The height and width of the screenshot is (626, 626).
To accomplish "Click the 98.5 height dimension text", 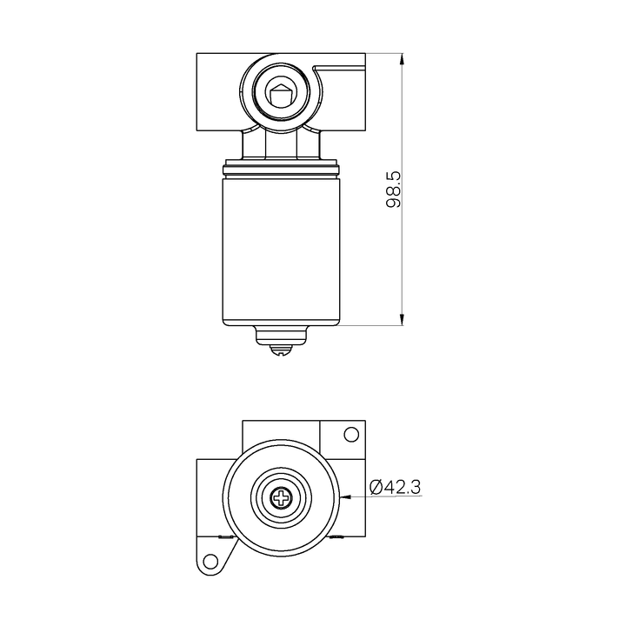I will tap(393, 189).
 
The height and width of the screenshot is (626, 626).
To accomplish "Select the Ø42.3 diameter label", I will tap(396, 488).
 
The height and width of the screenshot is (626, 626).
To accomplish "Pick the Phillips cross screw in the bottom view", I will tap(281, 498).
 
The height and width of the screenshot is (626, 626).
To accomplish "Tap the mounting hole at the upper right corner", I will tap(351, 435).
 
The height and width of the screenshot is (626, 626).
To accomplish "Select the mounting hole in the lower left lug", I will tap(209, 561).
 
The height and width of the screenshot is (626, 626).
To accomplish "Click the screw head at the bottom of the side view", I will tap(280, 350).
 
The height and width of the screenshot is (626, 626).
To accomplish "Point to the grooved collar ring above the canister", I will tap(280, 166).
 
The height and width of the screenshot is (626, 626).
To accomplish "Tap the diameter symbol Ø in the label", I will tap(376, 488).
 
